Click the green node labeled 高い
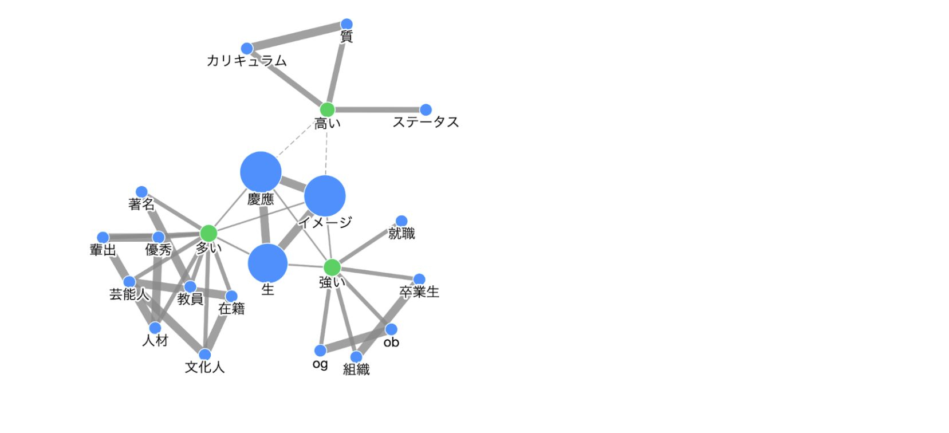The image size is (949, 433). click(327, 109)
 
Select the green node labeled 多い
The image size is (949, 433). click(208, 233)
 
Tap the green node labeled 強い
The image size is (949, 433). click(332, 267)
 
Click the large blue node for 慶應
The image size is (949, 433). click(261, 172)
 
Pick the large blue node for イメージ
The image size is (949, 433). click(325, 196)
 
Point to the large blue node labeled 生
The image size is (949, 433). click(267, 263)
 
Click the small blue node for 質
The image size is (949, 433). click(346, 24)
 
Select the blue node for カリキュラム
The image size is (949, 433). click(247, 48)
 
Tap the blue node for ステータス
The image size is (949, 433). click(426, 109)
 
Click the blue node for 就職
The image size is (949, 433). click(401, 221)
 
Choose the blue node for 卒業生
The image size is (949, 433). click(419, 280)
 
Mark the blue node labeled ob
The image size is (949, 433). click(391, 329)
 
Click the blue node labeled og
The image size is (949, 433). click(320, 351)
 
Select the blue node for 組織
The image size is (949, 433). click(356, 357)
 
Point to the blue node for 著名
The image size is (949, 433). click(141, 192)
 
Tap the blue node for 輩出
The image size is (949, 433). click(103, 238)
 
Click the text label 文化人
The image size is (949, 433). click(204, 367)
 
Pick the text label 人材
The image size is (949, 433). click(155, 341)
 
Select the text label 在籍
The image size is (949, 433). click(231, 309)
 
